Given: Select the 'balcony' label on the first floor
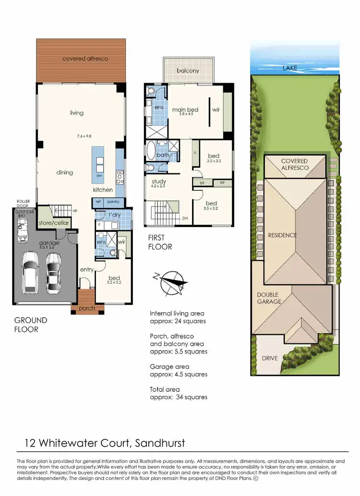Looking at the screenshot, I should coord(188,71).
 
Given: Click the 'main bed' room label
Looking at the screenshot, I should coord(185,109).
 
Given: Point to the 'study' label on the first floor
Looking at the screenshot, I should coord(159,181).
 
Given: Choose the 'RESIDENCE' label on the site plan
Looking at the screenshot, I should coord(283,235).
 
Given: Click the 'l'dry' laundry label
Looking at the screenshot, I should coord(114,215).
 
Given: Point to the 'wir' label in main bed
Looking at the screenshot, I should coord(216,109).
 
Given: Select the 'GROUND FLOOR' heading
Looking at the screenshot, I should coord(31,325).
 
